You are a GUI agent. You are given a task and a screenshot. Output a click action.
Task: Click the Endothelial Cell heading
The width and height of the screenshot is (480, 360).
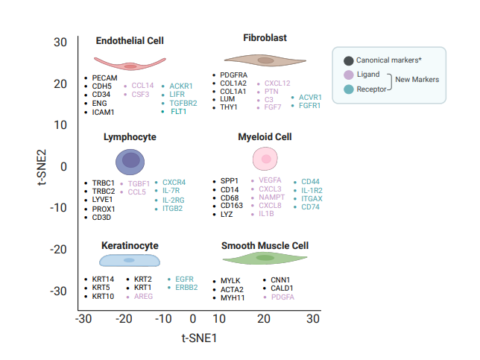(130, 41)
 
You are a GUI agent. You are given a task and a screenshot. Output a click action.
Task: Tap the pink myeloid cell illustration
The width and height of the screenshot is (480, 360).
(265, 158)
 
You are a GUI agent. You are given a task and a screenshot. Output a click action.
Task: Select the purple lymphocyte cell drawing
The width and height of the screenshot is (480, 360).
(131, 160)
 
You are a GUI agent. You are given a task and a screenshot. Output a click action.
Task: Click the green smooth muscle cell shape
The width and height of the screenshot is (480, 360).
(265, 258)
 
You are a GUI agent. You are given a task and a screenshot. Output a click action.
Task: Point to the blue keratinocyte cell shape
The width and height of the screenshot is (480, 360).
(130, 259)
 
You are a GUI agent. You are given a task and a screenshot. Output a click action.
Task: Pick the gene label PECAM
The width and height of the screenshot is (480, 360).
(105, 78)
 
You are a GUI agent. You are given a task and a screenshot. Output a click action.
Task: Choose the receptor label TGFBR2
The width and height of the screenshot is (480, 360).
(183, 103)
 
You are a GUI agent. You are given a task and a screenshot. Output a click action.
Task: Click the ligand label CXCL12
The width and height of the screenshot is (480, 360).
(277, 83)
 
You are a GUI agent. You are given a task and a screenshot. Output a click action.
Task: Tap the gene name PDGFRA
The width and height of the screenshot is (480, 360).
(234, 75)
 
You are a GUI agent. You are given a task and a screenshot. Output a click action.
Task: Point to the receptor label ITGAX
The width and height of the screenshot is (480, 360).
(312, 198)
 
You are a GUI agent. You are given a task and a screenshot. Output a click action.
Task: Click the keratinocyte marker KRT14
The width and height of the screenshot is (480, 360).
(104, 280)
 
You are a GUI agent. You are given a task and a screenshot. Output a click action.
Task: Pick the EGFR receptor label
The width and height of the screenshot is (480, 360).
(184, 279)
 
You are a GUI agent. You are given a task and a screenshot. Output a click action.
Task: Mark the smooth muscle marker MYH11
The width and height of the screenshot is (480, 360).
(233, 297)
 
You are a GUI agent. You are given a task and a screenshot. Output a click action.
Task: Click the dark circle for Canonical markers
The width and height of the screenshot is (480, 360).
(348, 60)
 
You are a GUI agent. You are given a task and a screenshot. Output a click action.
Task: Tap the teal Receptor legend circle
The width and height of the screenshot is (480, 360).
(348, 89)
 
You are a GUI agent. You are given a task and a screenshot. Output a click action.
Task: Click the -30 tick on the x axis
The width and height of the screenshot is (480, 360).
(83, 319)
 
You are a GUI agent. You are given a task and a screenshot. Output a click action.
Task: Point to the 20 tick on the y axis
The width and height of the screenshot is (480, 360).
(61, 83)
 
